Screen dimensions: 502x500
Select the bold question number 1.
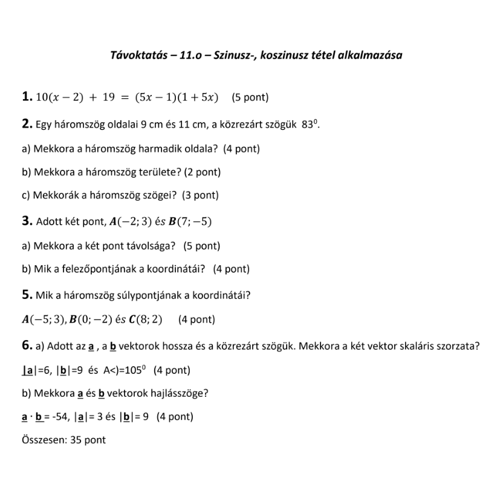click(x=27, y=96)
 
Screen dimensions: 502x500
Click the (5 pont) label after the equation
click(x=250, y=97)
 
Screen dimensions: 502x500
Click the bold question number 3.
click(x=27, y=221)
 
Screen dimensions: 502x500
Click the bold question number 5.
click(x=27, y=295)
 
